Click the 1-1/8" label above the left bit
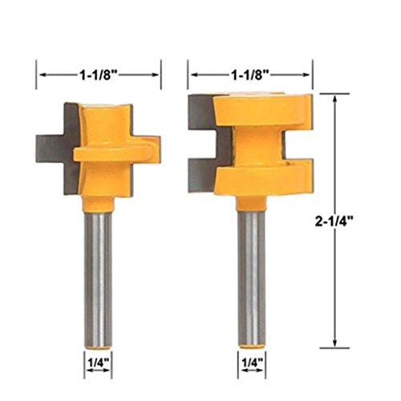point(99,75)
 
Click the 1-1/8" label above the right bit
point(250,75)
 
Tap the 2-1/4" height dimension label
point(334,221)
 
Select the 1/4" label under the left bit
point(99,363)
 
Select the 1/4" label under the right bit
point(252,363)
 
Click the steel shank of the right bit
point(252,278)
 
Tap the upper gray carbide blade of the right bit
point(202,112)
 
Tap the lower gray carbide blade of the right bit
point(202,176)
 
